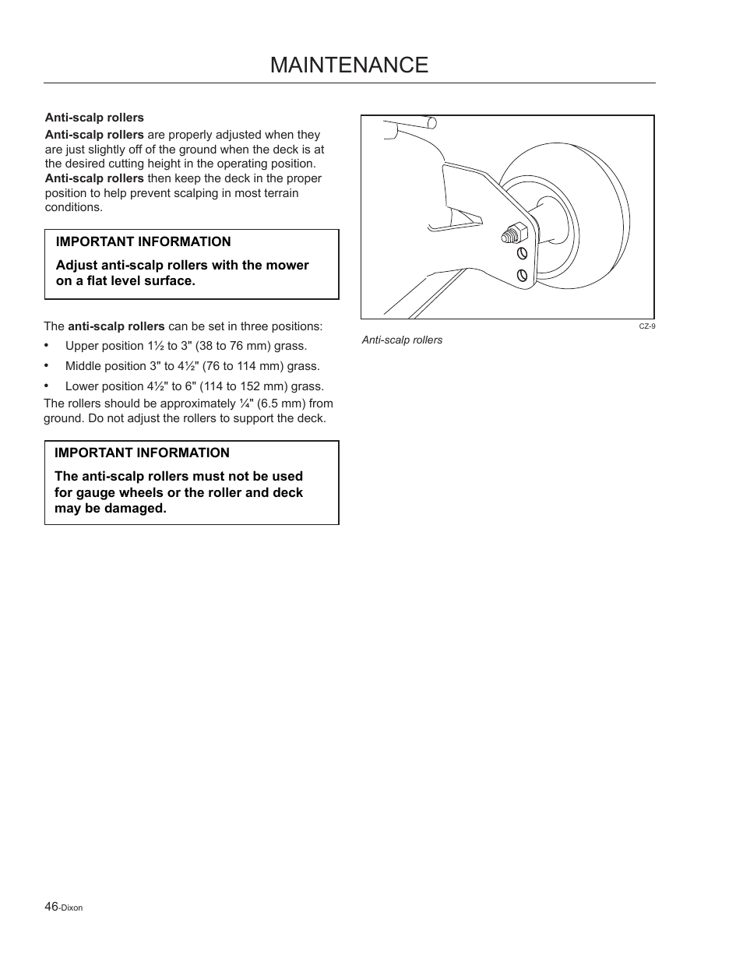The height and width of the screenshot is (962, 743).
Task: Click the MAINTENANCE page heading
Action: click(349, 65)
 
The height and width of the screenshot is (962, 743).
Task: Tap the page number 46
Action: click(51, 906)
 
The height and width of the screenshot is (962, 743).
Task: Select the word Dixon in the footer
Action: click(72, 907)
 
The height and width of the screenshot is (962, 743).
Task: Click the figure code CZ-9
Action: click(646, 326)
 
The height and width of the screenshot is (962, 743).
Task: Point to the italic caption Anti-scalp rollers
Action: click(402, 340)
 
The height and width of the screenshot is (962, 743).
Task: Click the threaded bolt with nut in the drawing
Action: click(515, 232)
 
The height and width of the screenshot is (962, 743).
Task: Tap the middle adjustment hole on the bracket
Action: click(522, 253)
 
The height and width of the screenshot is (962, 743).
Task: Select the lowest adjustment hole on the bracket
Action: click(522, 275)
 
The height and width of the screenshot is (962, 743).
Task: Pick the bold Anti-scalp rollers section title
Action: click(94, 118)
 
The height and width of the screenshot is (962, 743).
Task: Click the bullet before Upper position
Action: click(48, 345)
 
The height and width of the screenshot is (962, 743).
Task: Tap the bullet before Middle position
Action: click(48, 365)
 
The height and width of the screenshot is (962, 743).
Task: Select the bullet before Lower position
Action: click(48, 386)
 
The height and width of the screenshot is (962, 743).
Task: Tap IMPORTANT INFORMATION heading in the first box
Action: click(143, 242)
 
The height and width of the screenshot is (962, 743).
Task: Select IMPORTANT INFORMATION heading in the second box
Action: click(142, 453)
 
